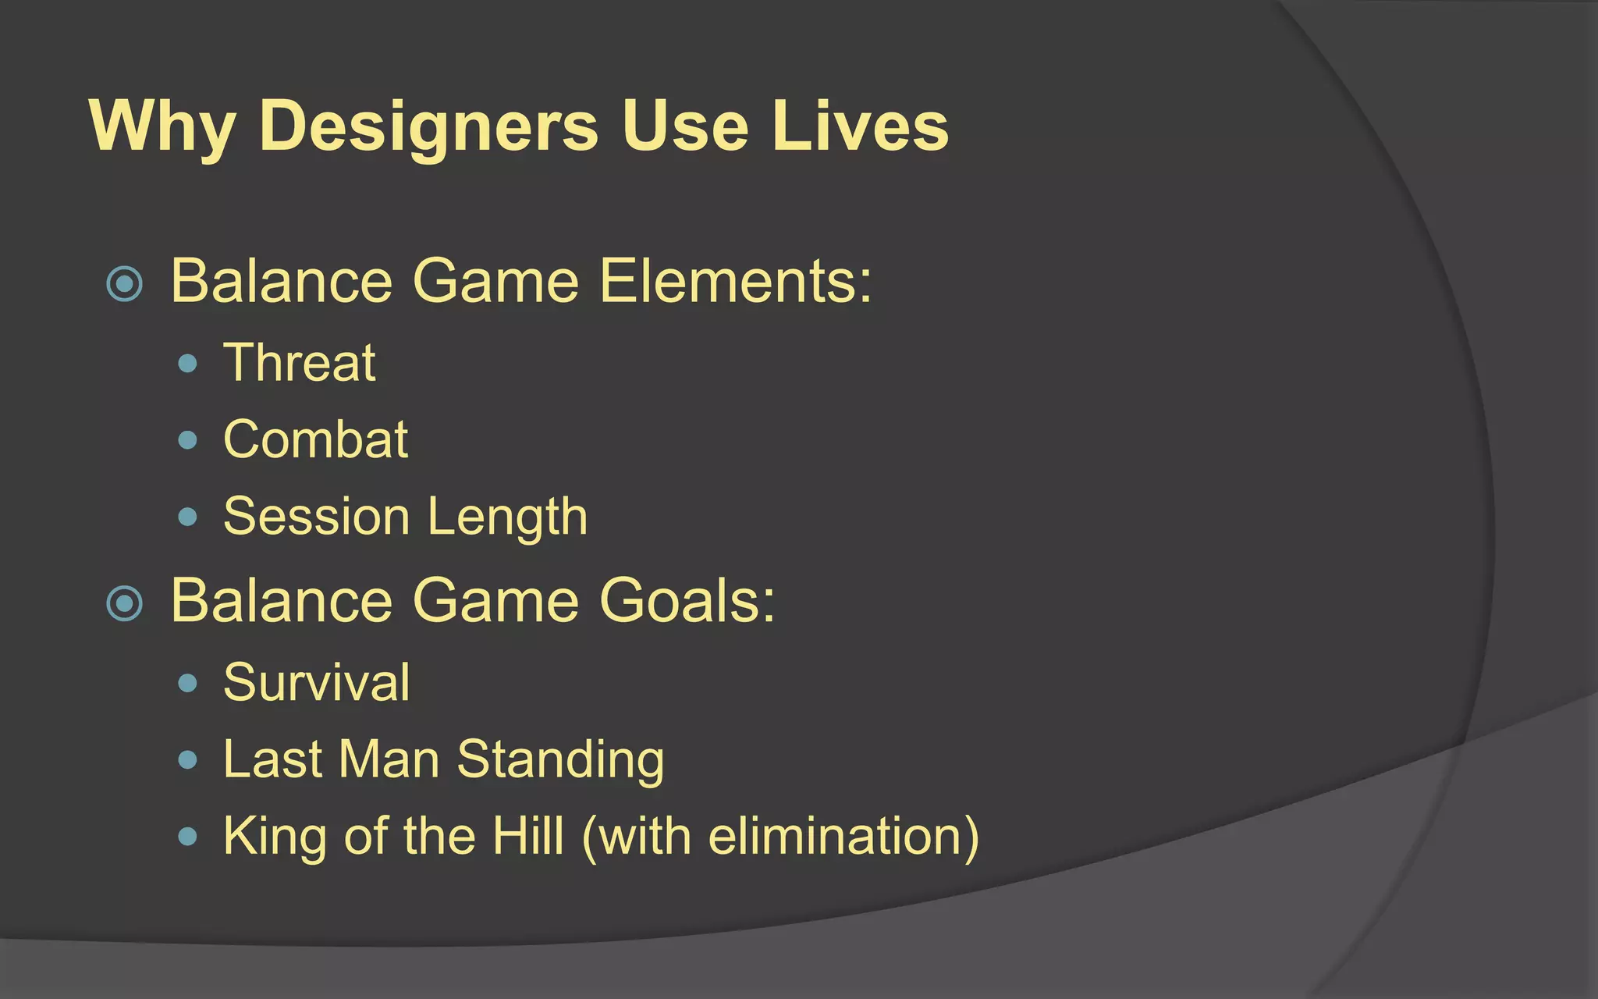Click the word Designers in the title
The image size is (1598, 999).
(428, 126)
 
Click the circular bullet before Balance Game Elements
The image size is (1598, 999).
(125, 283)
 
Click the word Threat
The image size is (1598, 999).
(300, 363)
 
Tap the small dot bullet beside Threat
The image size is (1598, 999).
(187, 364)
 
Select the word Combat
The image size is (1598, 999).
(315, 439)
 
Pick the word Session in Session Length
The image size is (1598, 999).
(316, 517)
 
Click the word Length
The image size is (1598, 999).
(507, 518)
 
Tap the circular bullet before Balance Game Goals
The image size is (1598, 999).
(125, 603)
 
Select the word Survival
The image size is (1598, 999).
(316, 682)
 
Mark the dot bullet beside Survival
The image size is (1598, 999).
(187, 684)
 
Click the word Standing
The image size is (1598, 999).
(560, 760)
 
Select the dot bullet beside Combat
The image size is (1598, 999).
(187, 440)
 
